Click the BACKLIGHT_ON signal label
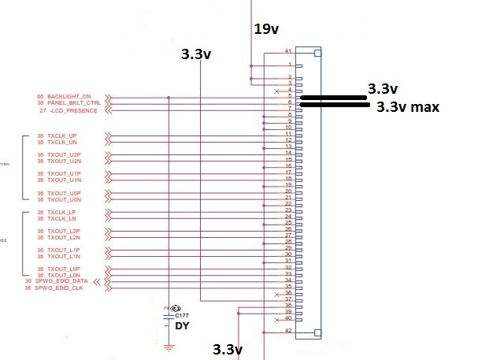74,96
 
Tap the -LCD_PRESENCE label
75,110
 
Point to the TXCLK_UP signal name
62,135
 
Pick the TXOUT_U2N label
64,161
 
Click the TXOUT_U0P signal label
64,192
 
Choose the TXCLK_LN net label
62,218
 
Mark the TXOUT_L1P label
64,250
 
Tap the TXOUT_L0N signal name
64,274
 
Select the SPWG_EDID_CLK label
62,288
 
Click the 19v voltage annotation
267,30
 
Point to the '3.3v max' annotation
406,106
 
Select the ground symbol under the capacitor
168,347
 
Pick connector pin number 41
289,50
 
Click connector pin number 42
289,332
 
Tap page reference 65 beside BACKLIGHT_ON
39,96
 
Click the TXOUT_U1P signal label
64,173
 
